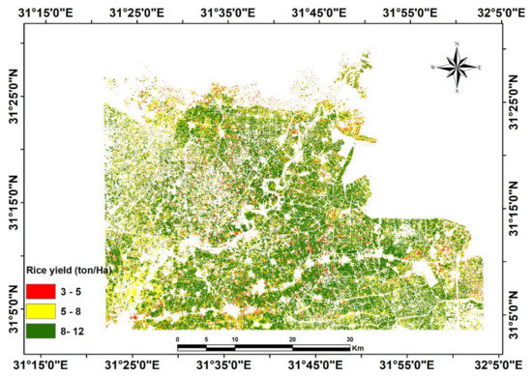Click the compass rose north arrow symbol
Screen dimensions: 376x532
[455, 67]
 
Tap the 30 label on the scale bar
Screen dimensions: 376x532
[349, 339]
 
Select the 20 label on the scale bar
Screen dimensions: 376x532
[292, 339]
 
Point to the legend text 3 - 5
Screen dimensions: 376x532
[77, 287]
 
